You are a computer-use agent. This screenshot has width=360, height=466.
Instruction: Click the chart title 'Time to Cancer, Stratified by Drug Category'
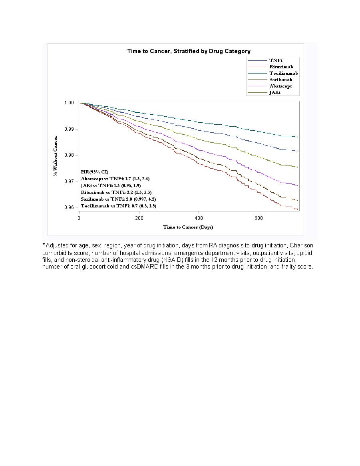[x=189, y=51]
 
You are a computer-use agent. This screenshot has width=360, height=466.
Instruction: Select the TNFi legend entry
[x=276, y=60]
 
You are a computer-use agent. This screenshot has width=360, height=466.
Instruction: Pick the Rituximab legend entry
[x=281, y=67]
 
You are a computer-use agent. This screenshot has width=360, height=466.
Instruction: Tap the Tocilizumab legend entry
[x=283, y=73]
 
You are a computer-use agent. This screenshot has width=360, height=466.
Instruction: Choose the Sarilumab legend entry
[x=280, y=80]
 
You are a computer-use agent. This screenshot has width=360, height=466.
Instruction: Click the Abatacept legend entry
[x=280, y=86]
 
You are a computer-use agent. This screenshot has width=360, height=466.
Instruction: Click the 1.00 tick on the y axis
[x=69, y=103]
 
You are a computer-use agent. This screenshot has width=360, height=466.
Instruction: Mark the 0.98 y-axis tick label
[x=69, y=155]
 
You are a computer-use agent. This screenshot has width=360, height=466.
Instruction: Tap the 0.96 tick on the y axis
[x=69, y=207]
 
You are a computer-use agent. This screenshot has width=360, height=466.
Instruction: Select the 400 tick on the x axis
[x=199, y=218]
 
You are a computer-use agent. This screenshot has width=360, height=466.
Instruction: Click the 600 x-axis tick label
[x=259, y=218]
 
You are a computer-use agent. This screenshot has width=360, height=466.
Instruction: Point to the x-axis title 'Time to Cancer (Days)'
[x=188, y=227]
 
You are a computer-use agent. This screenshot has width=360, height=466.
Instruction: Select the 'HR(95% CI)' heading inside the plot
[x=95, y=172]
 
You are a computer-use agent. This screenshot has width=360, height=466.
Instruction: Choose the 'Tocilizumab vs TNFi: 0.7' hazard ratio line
[x=118, y=206]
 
